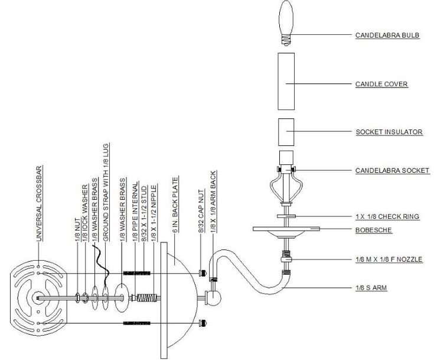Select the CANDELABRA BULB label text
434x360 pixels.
[x=386, y=35]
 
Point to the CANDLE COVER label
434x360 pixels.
[x=381, y=84]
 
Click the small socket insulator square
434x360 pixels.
[x=286, y=131]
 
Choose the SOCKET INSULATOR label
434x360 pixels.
[x=389, y=132]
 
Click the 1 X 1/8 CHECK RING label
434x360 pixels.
[x=387, y=217]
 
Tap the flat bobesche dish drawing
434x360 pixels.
[x=286, y=229]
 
